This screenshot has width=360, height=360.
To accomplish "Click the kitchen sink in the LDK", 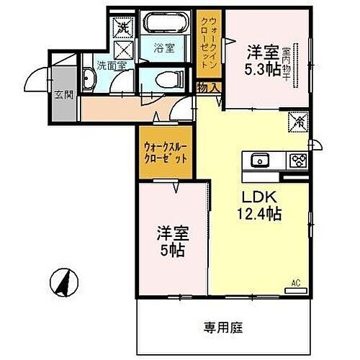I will click(257, 160).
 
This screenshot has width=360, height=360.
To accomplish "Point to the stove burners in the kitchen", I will click(297, 160).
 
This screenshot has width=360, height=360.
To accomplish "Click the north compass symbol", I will click(64, 279).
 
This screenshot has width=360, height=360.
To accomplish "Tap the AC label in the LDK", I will click(296, 283).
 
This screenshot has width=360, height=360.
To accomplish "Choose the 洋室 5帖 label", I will click(171, 242).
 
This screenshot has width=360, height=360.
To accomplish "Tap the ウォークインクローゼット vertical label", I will click(209, 41).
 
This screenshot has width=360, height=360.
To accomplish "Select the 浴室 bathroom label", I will click(164, 49).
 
